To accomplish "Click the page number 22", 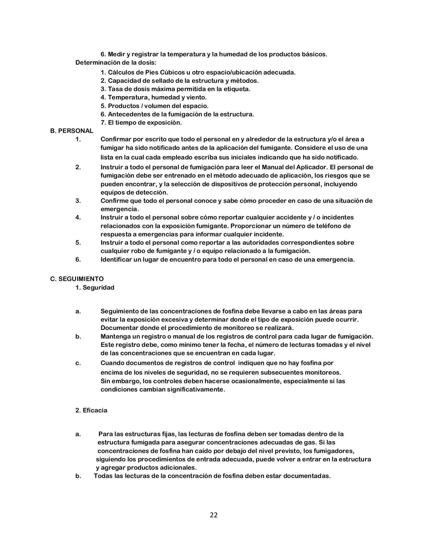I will point(214,515).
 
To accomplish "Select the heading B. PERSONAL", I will point(72,131).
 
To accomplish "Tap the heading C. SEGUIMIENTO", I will point(77,279).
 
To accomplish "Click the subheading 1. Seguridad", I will point(95,287).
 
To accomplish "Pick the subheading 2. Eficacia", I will point(91,410).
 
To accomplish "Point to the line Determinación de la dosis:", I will point(116,62).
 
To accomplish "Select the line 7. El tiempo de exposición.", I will point(141,122).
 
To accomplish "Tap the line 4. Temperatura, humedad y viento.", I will point(154,97).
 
